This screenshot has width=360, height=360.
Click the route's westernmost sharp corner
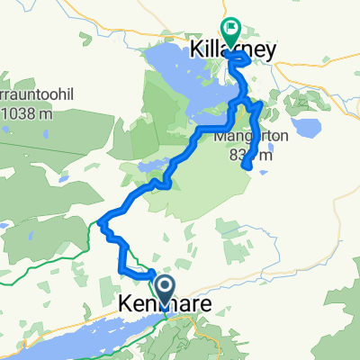click(x=102, y=220)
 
